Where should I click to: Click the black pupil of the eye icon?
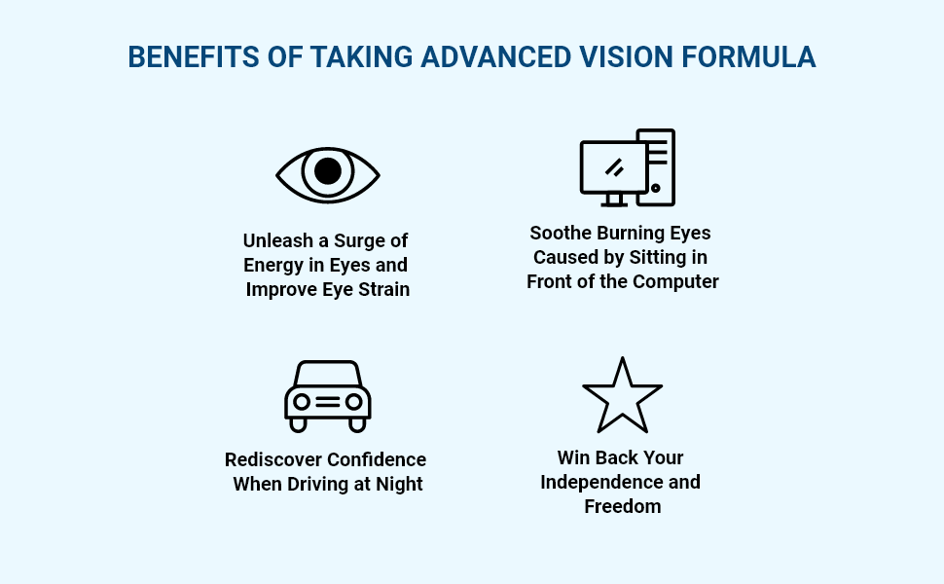tap(328, 171)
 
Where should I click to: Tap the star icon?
tap(622, 398)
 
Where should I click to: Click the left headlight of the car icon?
tap(302, 401)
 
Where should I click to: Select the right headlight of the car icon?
tap(353, 401)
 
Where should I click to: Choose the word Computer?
tap(675, 282)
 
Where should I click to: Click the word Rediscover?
tap(273, 459)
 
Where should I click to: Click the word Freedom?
tap(622, 506)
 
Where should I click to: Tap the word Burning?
tap(630, 233)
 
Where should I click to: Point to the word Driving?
tap(317, 484)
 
